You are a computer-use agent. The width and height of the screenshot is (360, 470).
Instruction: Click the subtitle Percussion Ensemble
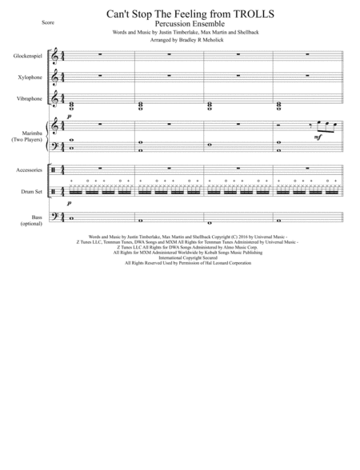179,26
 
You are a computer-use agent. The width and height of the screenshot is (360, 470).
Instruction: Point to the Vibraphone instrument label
29,100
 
